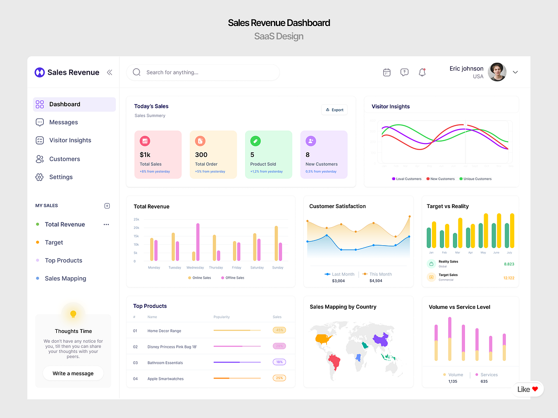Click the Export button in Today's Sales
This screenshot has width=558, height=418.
[334, 110]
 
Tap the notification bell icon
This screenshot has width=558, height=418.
[422, 72]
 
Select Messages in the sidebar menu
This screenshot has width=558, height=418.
[64, 122]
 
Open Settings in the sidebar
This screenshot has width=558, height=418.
[61, 177]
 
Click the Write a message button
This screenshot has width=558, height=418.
[73, 373]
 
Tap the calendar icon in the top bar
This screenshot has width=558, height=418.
[387, 72]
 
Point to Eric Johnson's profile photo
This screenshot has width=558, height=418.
[497, 72]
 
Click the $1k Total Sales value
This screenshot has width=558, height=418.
[145, 155]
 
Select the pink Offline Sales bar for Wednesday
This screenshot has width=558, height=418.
[198, 242]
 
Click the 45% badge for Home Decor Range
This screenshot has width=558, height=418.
[279, 330]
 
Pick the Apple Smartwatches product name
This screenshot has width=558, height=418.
[166, 379]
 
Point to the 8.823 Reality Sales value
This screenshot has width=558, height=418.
[509, 264]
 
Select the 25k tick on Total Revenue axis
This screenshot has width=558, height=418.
[136, 219]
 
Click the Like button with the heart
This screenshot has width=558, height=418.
[528, 389]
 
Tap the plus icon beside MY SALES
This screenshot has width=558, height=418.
[107, 206]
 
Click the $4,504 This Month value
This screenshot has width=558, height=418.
[376, 281]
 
